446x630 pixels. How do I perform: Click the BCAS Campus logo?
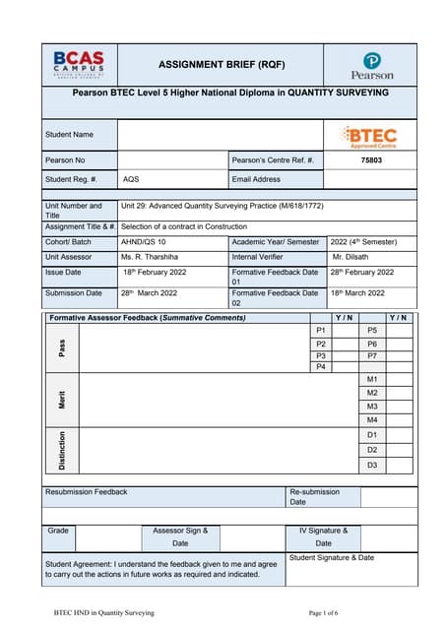pos(79,66)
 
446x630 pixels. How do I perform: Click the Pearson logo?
pos(371,66)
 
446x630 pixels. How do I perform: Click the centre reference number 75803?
pos(371,159)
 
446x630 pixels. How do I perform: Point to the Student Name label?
pos(69,134)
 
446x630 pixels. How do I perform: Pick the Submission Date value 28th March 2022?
pos(149,292)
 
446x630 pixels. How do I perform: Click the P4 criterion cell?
pos(321,367)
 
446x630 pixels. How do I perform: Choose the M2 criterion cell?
pos(372,393)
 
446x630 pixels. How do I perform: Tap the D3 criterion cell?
pos(372,465)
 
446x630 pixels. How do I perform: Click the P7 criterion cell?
pos(372,355)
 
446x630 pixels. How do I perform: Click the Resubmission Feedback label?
pos(87,492)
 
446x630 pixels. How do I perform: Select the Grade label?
pos(58,531)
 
